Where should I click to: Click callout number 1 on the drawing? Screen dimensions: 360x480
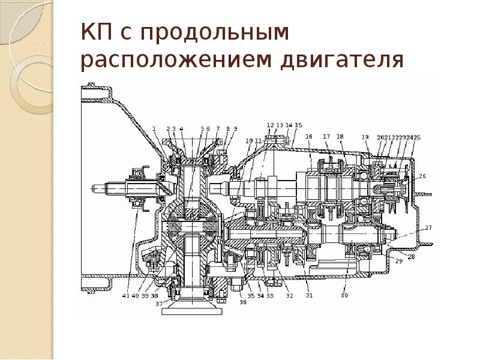pos(154,128)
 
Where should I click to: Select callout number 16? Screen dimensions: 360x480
pos(309,137)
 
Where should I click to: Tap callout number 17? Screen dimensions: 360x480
pos(327,137)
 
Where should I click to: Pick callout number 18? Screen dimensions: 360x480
pos(340,137)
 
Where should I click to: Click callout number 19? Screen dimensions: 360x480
pos(365,137)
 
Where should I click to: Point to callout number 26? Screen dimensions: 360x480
pos(422,176)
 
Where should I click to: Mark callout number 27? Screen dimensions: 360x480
pos(428,227)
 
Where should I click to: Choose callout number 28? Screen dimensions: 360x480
pos(411,257)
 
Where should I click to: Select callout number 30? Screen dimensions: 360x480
pos(344,295)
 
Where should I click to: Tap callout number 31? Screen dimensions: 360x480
pos(309,295)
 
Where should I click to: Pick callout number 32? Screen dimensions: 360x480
pos(289,295)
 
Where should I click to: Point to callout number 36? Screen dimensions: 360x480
pos(242,302)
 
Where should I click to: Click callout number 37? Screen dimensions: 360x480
pos(159,304)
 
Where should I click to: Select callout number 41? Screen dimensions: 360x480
pos(125,295)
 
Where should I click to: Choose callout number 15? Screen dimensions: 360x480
pos(299,125)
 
